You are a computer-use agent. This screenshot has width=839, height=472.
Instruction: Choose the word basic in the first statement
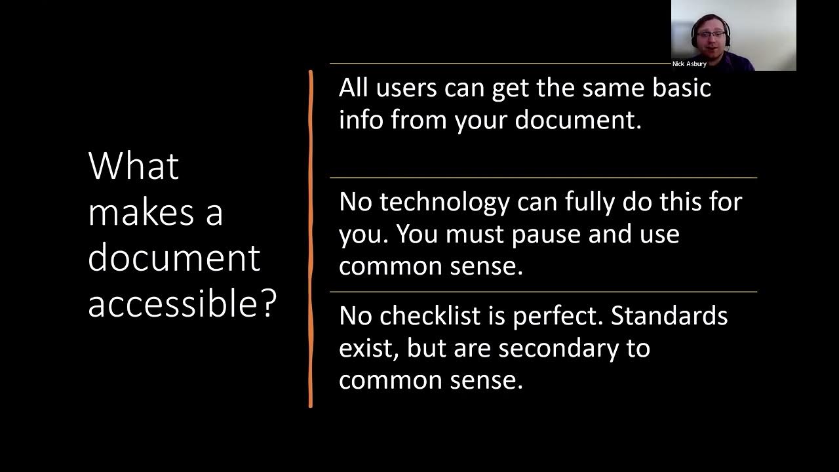pos(681,88)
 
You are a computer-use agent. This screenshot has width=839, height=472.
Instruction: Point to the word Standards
pos(669,316)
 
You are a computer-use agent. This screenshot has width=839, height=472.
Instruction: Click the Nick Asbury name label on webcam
pos(689,64)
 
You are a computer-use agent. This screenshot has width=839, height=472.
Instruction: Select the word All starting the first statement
pos(353,88)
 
